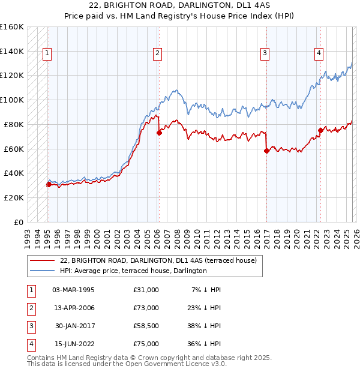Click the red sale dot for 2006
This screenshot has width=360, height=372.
(x=159, y=133)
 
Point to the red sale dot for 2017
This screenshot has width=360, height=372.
(x=266, y=151)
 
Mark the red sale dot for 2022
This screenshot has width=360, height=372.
(x=320, y=130)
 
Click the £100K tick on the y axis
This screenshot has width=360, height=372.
(x=12, y=100)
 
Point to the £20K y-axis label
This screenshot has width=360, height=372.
(x=14, y=197)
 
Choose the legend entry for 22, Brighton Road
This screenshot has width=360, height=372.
(x=158, y=260)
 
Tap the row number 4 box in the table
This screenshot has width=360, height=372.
(x=30, y=344)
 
